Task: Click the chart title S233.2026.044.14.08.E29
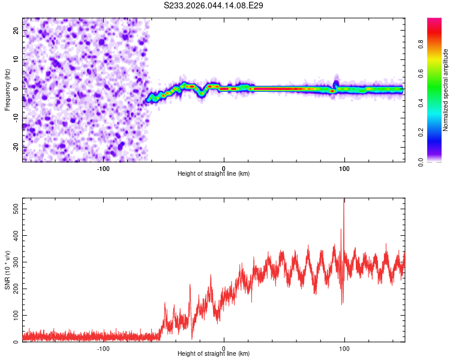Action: pyautogui.click(x=214, y=5)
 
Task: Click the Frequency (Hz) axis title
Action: pyautogui.click(x=7, y=90)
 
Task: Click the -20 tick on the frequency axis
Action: pyautogui.click(x=15, y=147)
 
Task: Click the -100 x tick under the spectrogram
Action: pyautogui.click(x=103, y=167)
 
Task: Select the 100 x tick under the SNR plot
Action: pyautogui.click(x=344, y=348)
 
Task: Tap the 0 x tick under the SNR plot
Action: pyautogui.click(x=224, y=348)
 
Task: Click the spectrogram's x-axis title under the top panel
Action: pyautogui.click(x=214, y=174)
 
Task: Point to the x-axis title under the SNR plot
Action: pyautogui.click(x=214, y=354)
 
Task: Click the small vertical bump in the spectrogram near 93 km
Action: pyautogui.click(x=336, y=83)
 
